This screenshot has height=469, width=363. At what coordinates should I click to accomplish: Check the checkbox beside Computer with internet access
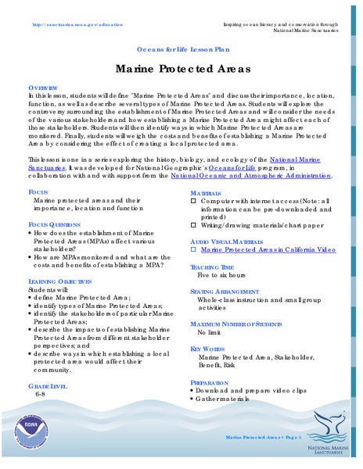(x=194, y=202)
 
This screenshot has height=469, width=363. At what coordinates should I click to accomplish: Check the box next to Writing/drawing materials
(x=194, y=226)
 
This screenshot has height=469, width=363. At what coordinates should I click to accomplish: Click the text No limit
(x=211, y=332)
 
